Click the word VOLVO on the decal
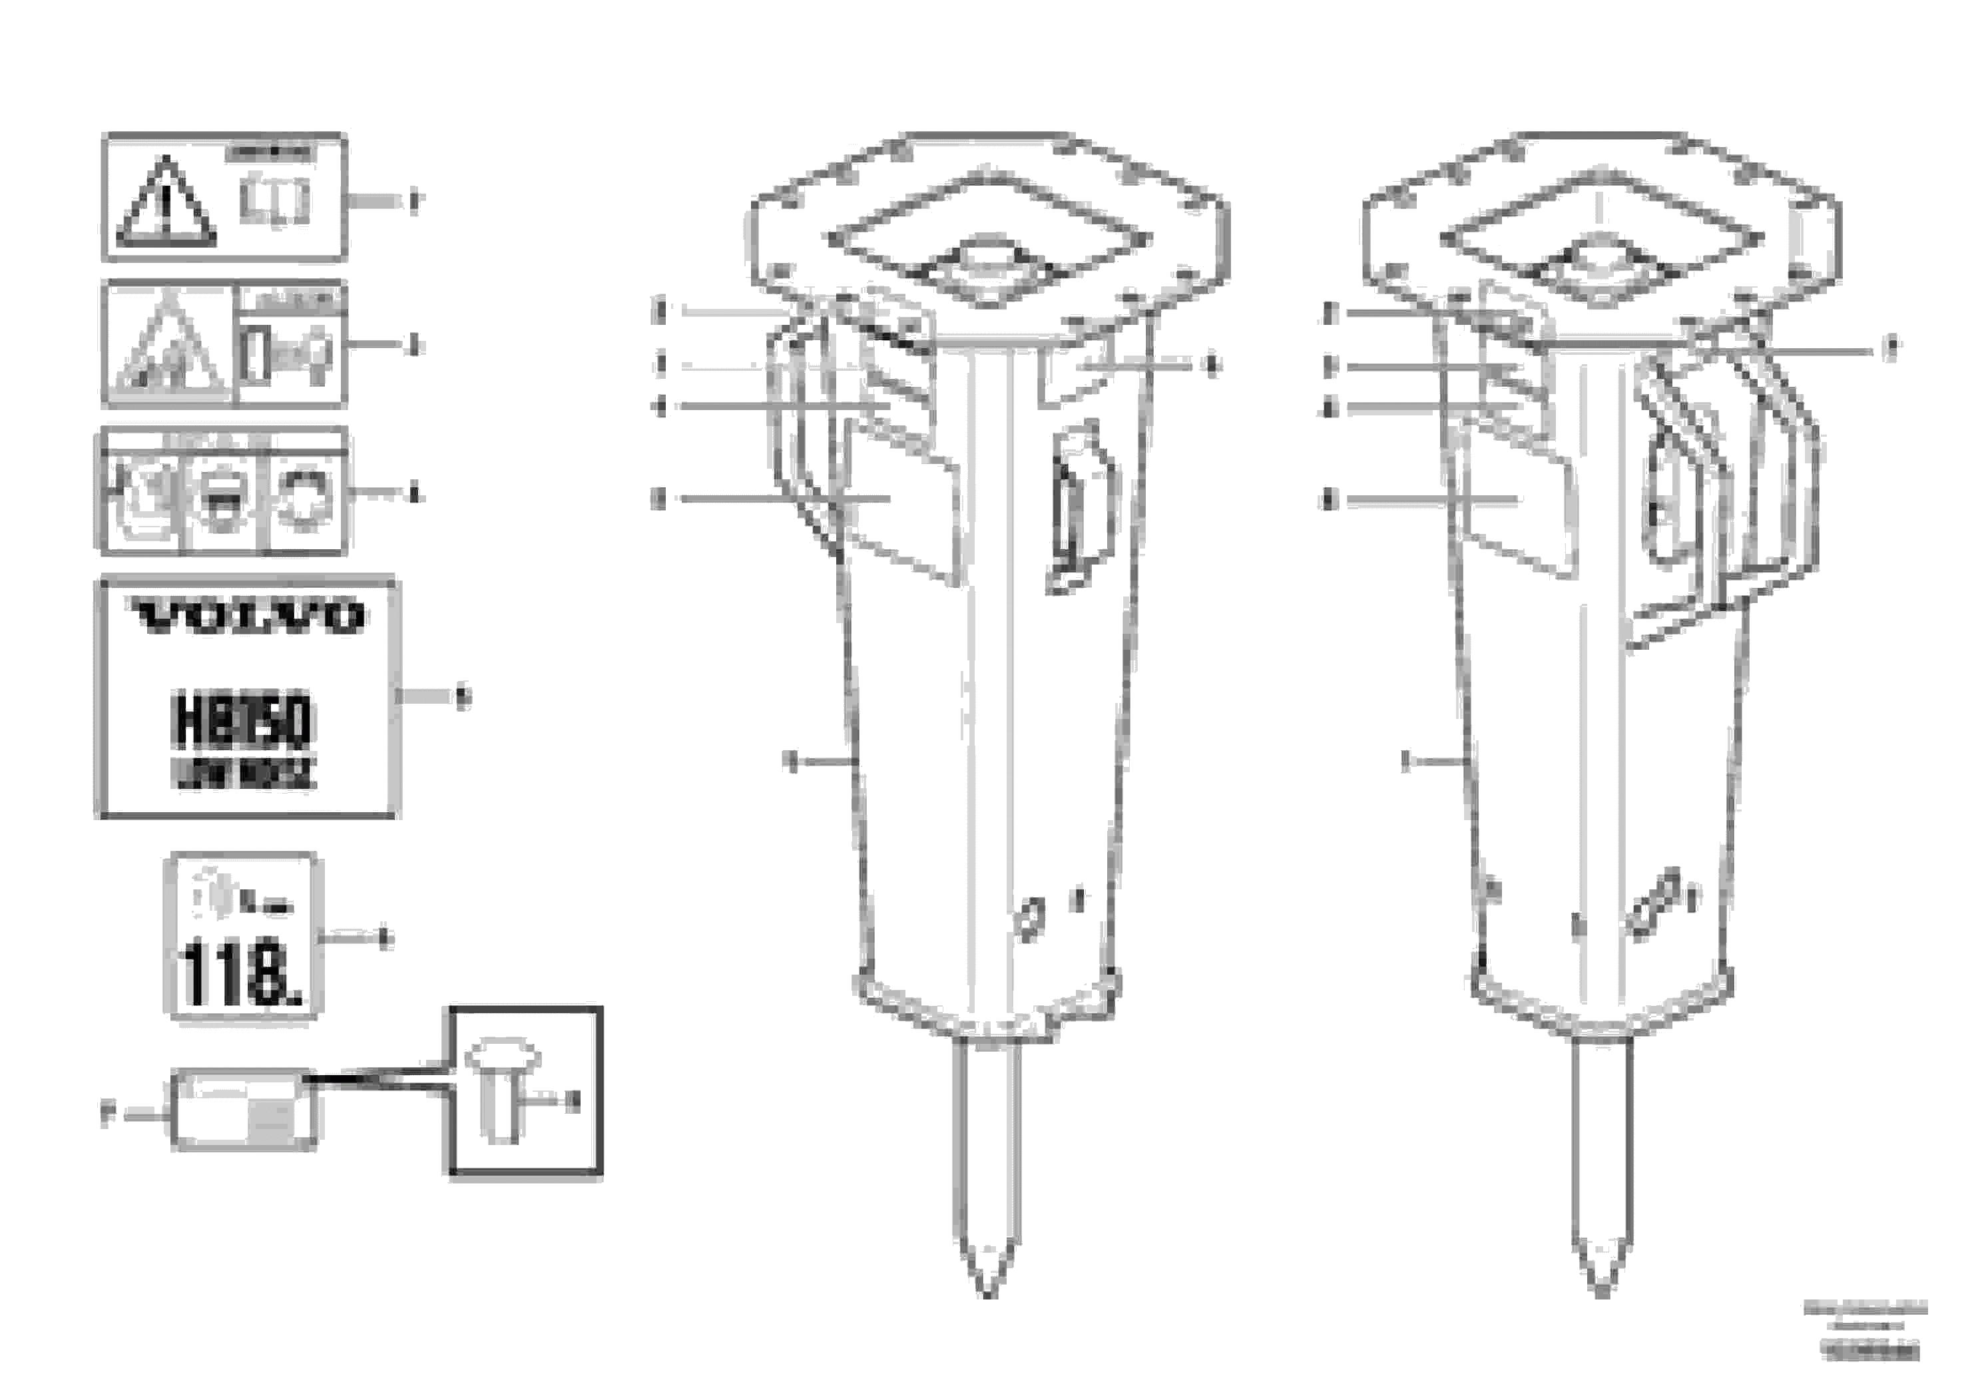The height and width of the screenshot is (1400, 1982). coord(248,616)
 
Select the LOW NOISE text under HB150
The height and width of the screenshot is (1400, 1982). coord(244,774)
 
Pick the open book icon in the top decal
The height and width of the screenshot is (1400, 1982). coord(274,200)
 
